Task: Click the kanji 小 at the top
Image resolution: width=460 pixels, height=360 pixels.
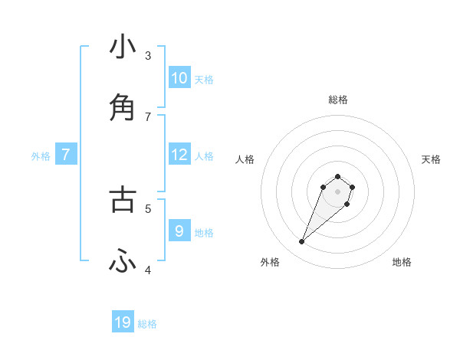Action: click(123, 47)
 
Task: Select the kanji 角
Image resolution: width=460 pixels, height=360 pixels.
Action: click(123, 108)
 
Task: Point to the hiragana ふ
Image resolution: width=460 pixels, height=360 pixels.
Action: click(123, 262)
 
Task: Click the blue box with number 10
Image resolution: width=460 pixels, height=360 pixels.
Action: click(179, 78)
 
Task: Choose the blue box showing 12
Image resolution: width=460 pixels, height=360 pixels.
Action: click(179, 155)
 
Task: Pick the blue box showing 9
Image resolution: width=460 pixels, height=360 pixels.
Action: click(179, 231)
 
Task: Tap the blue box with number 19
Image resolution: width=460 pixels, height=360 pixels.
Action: click(123, 322)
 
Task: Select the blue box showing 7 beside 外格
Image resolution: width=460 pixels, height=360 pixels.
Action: click(66, 155)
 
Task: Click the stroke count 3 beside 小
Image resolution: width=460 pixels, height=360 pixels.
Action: click(148, 55)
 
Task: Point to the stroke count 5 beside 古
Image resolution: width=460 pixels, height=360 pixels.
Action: click(148, 208)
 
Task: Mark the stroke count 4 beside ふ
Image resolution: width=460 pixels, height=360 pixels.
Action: click(148, 270)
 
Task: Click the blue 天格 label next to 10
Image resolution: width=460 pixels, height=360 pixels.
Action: click(204, 79)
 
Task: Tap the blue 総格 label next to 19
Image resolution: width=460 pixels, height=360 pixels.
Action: click(147, 324)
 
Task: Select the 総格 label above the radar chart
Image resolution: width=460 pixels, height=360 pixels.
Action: click(338, 100)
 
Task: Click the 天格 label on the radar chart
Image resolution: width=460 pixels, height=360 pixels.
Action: click(431, 159)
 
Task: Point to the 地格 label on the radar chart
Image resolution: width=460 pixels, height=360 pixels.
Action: click(402, 262)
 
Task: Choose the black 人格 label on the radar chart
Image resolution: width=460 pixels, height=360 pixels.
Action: click(245, 159)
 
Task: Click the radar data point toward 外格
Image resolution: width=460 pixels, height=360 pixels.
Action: click(301, 242)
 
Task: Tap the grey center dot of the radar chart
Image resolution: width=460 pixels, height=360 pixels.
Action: click(337, 191)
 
